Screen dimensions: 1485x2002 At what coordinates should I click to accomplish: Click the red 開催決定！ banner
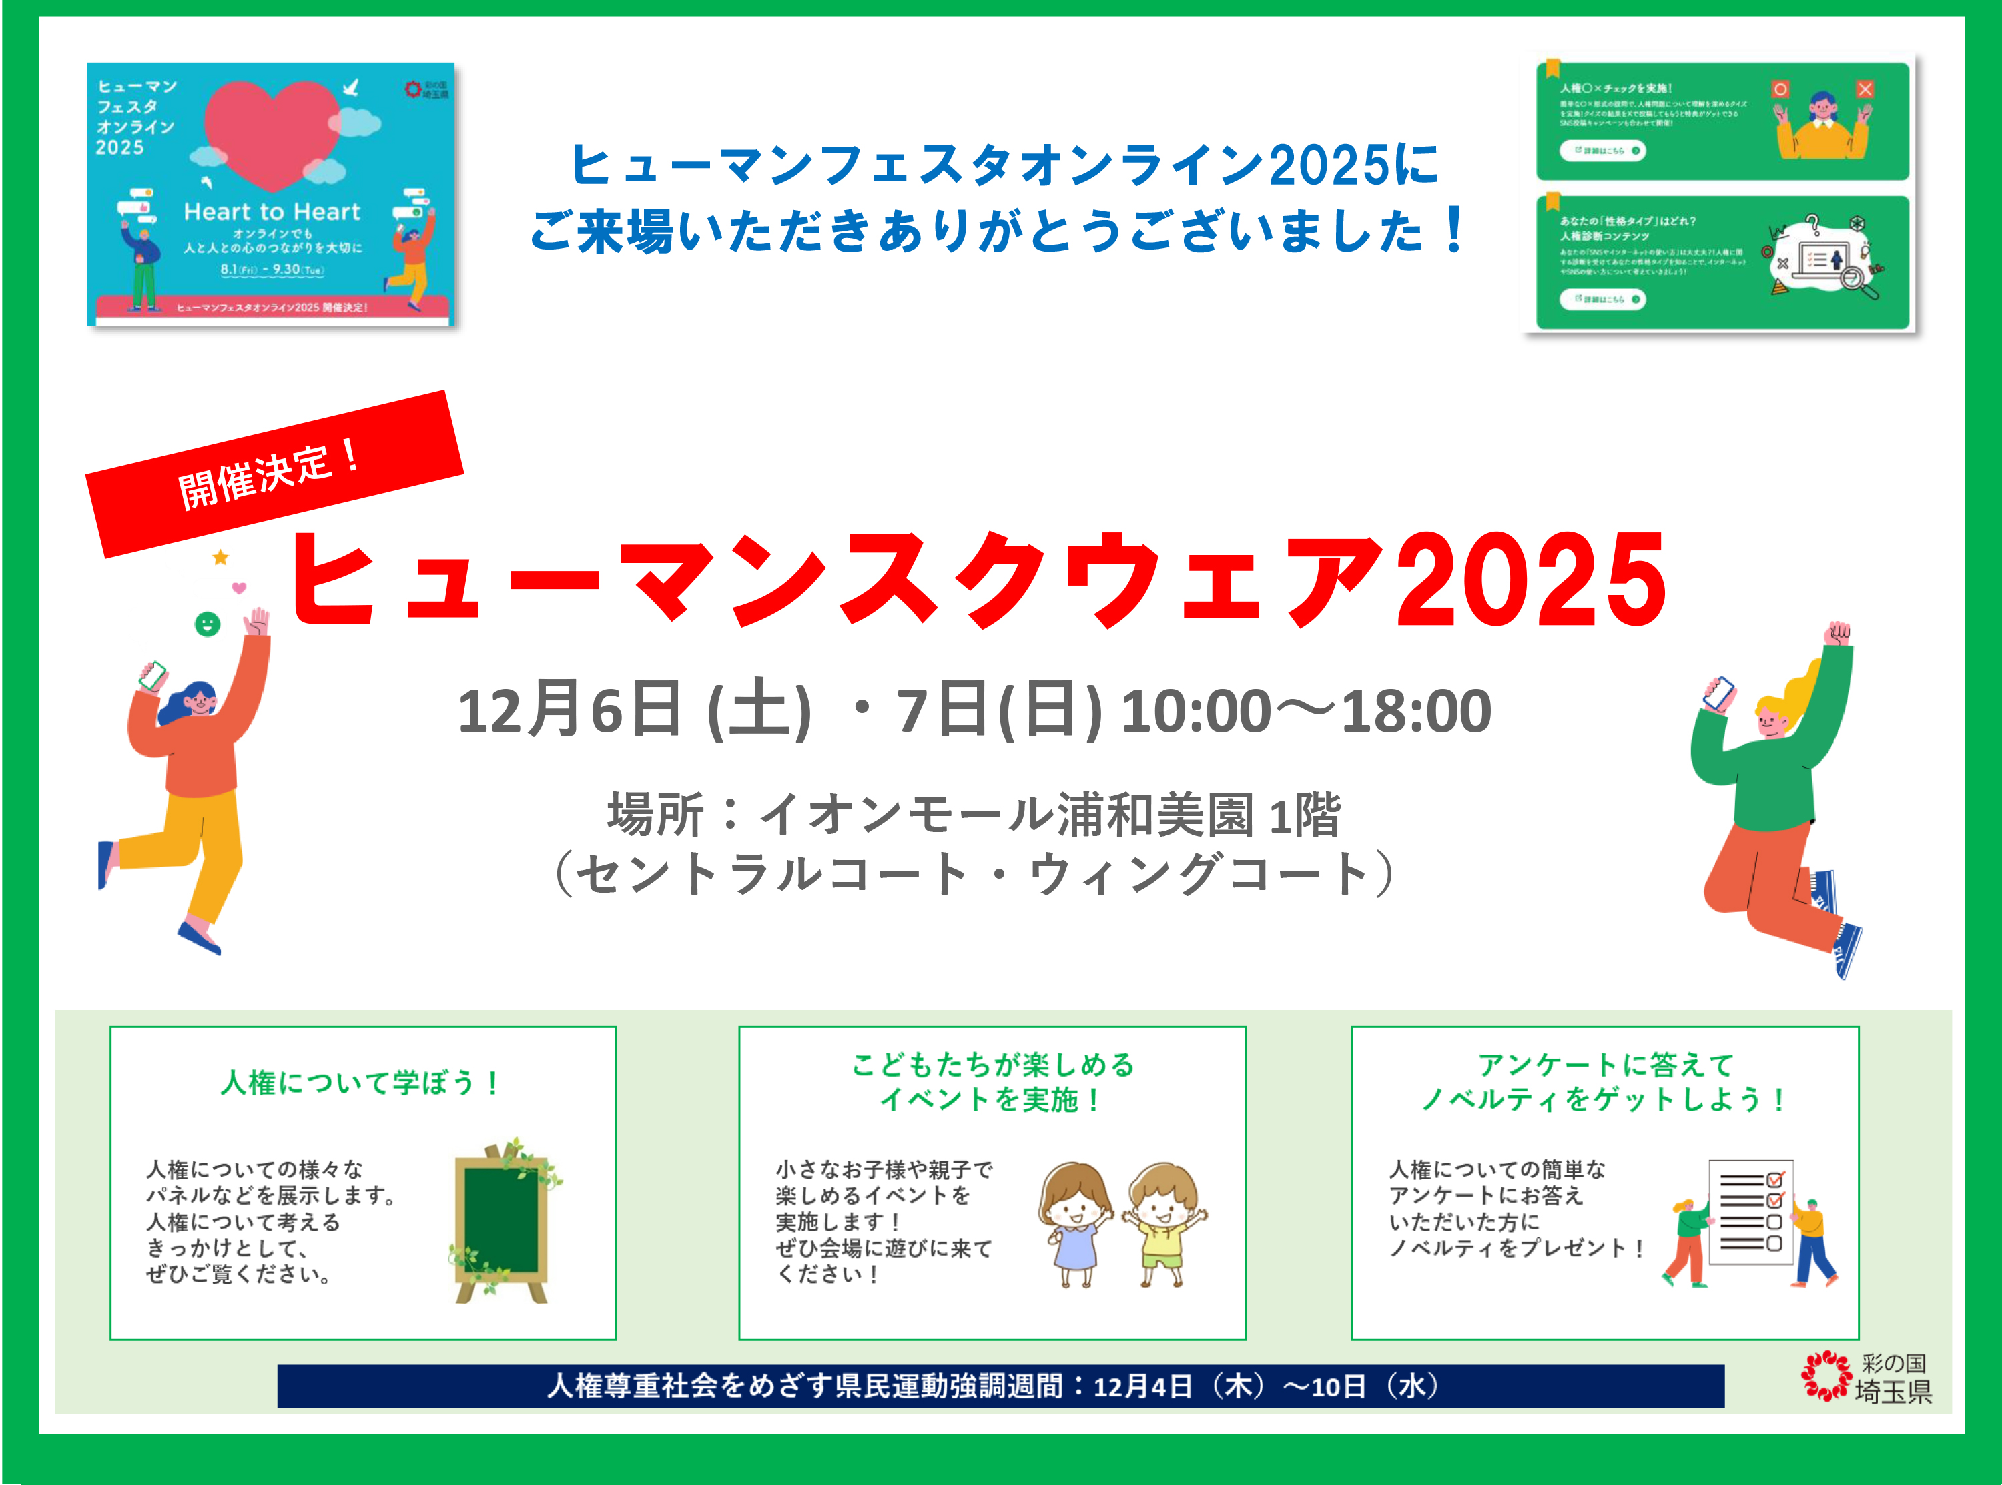tap(274, 474)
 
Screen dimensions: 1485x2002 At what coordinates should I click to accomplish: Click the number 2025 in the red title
tap(1530, 580)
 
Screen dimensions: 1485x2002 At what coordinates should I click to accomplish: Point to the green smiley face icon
tap(208, 624)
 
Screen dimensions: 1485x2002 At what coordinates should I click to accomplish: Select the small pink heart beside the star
tap(239, 588)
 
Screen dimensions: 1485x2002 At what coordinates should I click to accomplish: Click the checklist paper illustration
tap(1749, 1213)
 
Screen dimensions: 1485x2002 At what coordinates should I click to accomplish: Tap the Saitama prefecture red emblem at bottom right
tap(1825, 1376)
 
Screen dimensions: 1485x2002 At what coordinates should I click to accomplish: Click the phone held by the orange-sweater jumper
tap(153, 675)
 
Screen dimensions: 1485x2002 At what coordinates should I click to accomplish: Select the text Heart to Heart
tap(272, 212)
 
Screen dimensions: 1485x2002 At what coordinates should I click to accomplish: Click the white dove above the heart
tap(350, 87)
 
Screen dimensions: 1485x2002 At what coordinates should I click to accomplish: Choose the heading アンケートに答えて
tap(1605, 1065)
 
